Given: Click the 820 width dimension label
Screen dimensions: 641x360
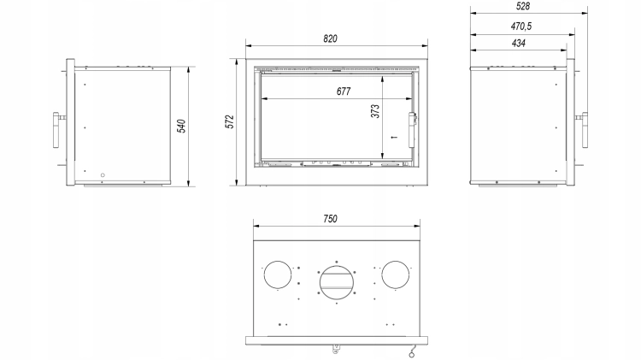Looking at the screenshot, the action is coord(330,38).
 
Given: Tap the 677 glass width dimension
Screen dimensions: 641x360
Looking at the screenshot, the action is coord(344,91).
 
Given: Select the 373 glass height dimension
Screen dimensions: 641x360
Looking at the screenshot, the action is coord(375,111).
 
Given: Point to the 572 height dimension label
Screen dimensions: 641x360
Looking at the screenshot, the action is coord(230,121).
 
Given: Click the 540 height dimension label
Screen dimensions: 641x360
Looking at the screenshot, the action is coord(181,126).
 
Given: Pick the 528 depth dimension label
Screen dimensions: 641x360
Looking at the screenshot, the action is coord(523,6).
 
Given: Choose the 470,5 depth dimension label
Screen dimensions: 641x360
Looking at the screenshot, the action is coord(520,27).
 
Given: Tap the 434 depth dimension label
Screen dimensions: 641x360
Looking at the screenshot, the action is coord(519,43).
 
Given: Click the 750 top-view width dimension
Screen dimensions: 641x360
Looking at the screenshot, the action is coord(330,219).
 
